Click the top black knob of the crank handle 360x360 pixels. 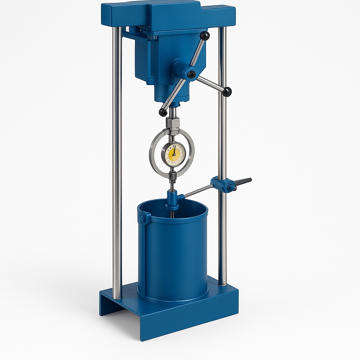tap(204, 36)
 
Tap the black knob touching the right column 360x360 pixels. tap(227, 91)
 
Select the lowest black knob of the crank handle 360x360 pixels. tap(163, 112)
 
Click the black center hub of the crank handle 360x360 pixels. tap(191, 74)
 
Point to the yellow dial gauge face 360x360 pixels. tap(173, 154)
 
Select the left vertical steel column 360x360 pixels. tap(117, 158)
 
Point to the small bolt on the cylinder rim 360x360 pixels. tap(143, 218)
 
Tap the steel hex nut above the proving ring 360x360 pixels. tap(173, 123)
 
